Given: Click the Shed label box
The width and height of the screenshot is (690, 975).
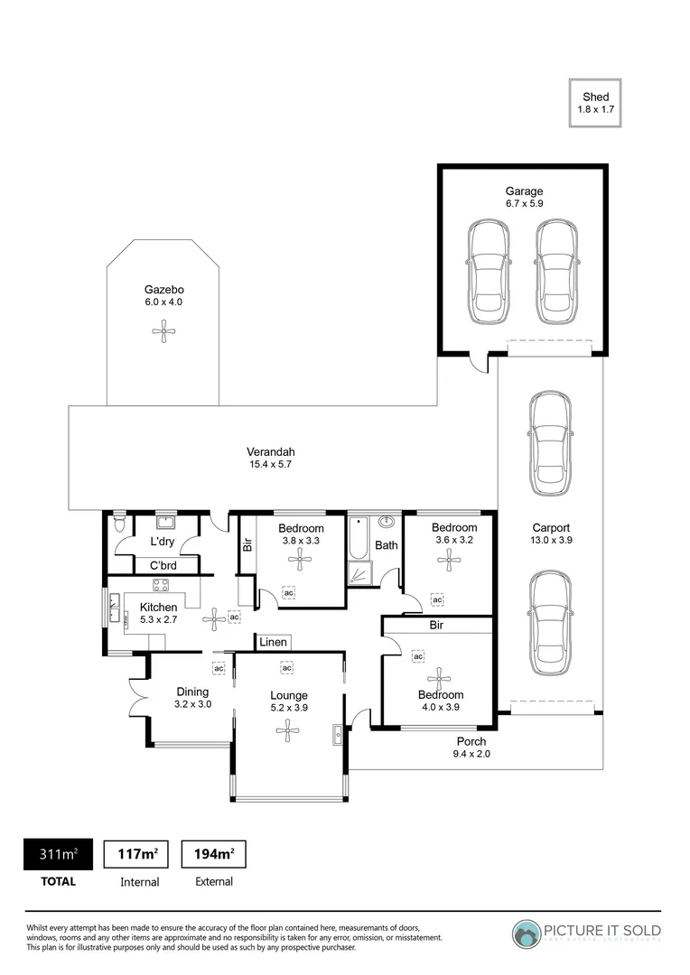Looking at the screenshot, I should coord(595,103).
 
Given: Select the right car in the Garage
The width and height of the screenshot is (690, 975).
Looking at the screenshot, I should coord(555,274).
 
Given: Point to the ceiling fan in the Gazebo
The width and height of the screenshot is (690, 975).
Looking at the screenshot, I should coord(163,333).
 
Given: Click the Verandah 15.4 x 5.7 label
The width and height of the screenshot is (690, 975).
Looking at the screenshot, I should coord(271,458).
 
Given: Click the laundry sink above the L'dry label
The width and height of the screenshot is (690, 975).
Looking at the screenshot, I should coord(165,522).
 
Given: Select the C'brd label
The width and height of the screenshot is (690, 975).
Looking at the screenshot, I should coord(163,566).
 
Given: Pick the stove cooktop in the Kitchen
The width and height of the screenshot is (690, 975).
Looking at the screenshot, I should coord(162,585).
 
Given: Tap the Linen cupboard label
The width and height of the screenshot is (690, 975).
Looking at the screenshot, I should coord(274,642).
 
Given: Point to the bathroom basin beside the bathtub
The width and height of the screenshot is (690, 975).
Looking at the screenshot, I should coord(387,522).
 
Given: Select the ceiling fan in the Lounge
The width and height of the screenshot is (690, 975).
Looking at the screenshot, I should coord(289,732).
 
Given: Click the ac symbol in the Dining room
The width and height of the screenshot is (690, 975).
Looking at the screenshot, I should coord(218,668).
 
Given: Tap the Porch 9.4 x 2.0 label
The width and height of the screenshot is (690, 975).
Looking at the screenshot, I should coord(471,747).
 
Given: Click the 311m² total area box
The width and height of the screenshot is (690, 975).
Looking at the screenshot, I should coord(57,852).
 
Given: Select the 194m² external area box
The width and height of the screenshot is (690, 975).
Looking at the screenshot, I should coord(214,852).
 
